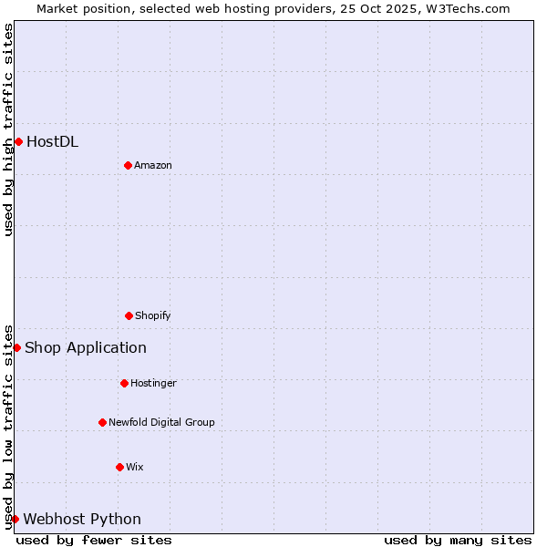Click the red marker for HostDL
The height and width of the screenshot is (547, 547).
18,141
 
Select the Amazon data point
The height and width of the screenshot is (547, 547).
128,165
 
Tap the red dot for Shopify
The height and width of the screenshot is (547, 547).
129,315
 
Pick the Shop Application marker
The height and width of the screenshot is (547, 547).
16,347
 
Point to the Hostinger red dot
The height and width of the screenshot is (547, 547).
124,383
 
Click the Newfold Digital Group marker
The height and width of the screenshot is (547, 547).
102,422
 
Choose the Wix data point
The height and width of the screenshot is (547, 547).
119,467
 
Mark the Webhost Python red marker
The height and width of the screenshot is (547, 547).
15,519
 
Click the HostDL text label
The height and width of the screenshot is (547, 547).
52,141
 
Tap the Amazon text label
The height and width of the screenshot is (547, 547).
153,165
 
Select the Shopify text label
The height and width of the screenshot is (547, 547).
153,315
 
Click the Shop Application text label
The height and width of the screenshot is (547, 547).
86,347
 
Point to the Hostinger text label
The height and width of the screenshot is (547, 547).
153,383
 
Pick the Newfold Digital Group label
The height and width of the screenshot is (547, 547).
161,422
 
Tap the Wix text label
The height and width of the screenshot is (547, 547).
135,467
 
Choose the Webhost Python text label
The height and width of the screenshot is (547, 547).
82,519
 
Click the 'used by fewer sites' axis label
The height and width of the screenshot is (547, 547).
94,540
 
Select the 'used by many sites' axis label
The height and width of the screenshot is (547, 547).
458,540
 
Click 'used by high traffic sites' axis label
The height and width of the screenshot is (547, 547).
8,129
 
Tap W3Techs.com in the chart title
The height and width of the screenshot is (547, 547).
470,8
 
